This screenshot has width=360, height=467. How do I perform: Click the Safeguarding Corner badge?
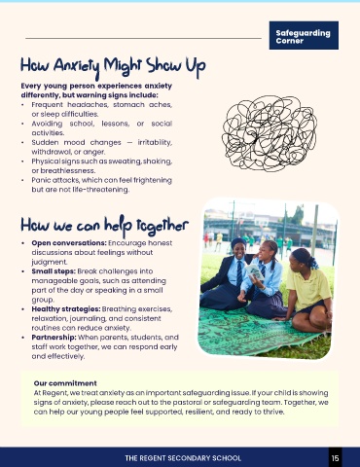(x=304, y=35)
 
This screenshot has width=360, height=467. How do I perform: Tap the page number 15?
(x=335, y=458)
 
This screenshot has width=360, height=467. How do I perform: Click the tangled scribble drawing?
(x=270, y=133)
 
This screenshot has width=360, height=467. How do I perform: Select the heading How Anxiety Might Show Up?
(x=113, y=67)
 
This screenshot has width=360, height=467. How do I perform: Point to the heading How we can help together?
(x=104, y=225)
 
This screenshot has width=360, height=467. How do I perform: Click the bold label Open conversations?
(x=69, y=243)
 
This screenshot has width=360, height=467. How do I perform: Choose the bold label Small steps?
(x=54, y=271)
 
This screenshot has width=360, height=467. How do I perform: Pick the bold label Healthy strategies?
(x=66, y=309)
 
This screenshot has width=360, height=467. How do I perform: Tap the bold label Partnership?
(x=54, y=338)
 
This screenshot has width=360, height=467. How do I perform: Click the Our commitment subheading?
(x=65, y=383)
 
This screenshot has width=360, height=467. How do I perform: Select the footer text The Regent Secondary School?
(x=183, y=458)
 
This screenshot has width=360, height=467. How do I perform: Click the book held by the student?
(x=254, y=271)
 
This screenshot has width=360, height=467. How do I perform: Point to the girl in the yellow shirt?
(x=307, y=289)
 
